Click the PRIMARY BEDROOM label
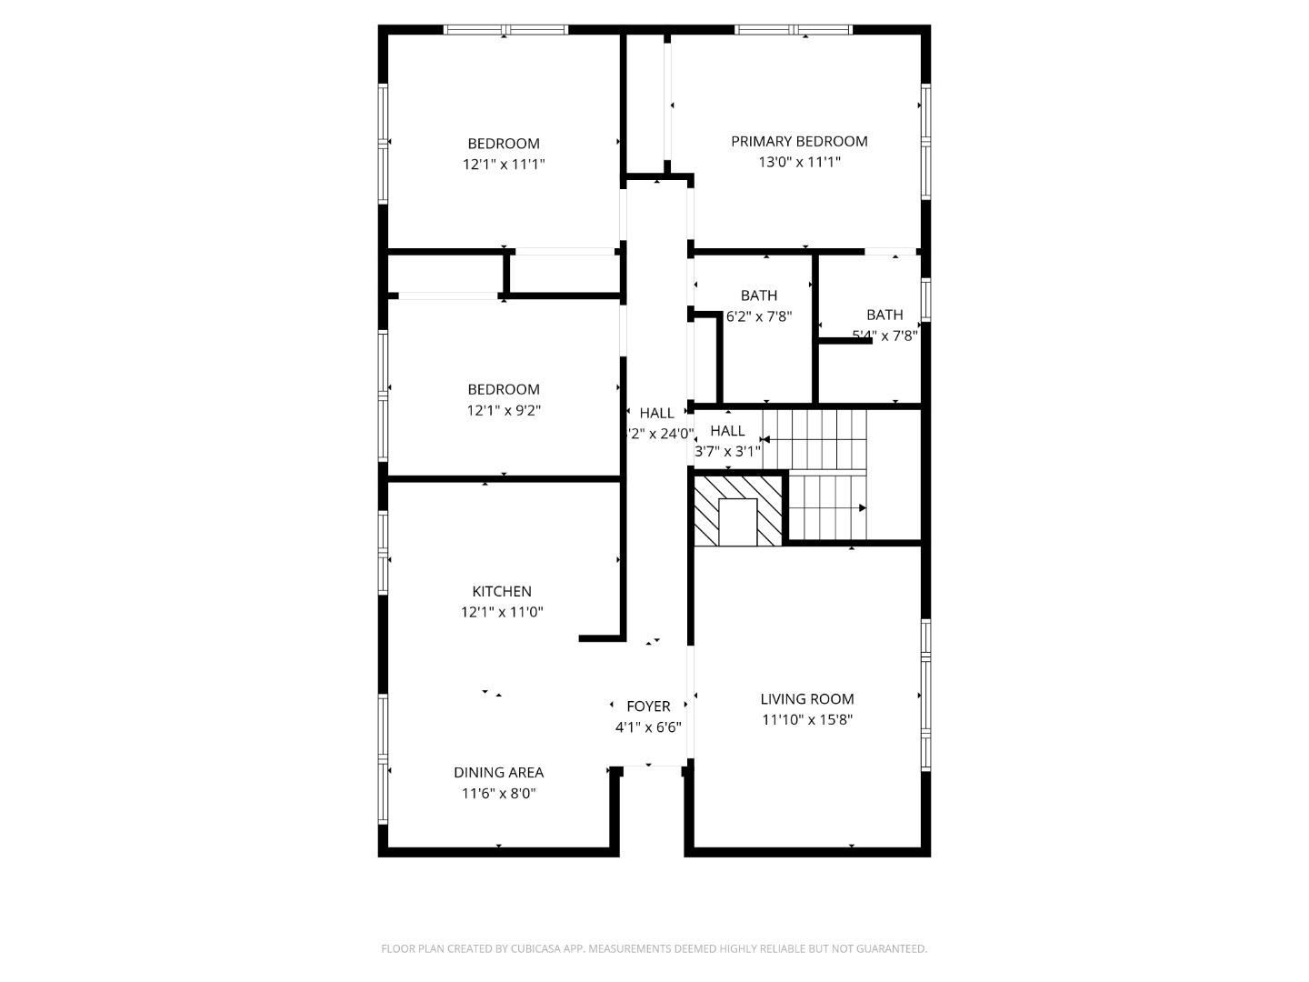point(799,141)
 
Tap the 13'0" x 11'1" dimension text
point(799,163)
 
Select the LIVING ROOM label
point(807,699)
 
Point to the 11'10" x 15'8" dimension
point(807,720)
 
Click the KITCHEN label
point(502,591)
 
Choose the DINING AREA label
point(499,772)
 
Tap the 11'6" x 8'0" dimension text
point(499,794)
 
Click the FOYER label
point(649,706)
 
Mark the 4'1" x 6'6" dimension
point(648,727)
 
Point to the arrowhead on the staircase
point(862,508)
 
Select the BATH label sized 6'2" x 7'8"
point(759,296)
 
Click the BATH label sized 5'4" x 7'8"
point(884,315)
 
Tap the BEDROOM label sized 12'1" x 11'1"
point(504,144)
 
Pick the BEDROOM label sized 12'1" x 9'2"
point(504,389)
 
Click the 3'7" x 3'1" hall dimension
point(727,451)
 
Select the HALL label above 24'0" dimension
point(656,413)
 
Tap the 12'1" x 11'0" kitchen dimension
point(502,613)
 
